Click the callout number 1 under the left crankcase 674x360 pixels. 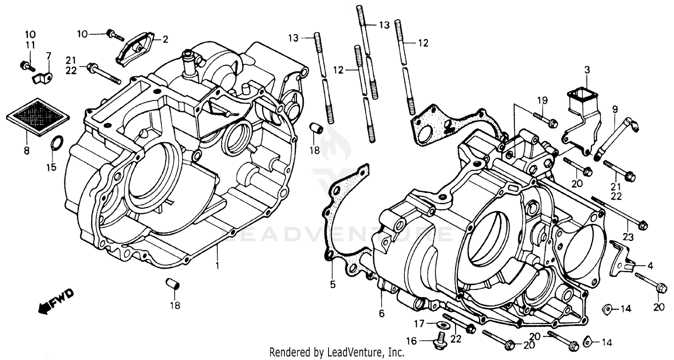217,266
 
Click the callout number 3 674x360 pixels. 587,70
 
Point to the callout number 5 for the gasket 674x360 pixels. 333,284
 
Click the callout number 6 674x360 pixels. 381,314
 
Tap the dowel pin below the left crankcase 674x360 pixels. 173,284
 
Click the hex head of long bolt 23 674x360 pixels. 643,225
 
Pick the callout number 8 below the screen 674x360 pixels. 27,151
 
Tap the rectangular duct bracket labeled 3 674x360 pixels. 577,112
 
